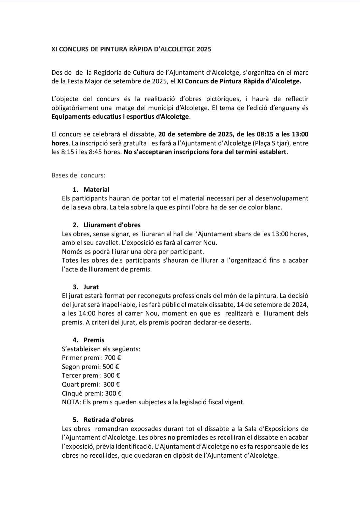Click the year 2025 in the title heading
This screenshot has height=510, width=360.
click(x=204, y=49)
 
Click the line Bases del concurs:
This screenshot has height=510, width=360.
click(x=78, y=175)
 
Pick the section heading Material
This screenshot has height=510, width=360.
click(x=96, y=189)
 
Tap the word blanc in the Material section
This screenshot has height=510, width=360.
click(x=273, y=207)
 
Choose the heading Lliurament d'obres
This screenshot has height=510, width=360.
click(x=112, y=225)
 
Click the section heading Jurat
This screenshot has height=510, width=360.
click(x=91, y=287)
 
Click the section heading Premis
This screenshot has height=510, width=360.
click(x=94, y=340)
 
